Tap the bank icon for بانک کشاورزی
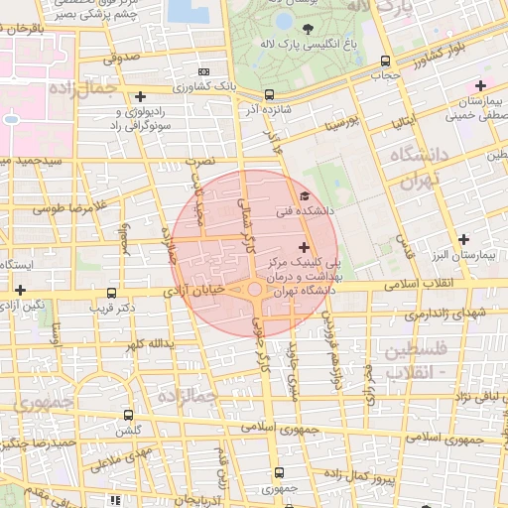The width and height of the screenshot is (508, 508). (x=204, y=71)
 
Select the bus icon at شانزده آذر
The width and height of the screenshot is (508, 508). (x=243, y=95)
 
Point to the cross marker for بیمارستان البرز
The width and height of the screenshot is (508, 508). (x=464, y=238)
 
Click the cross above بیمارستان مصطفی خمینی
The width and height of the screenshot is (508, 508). (x=481, y=85)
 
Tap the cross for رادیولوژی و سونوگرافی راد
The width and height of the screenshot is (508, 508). (x=141, y=97)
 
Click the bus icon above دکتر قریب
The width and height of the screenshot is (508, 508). (x=110, y=294)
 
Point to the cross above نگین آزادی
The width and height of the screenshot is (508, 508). (x=19, y=289)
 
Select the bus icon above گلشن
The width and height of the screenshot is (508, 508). (x=127, y=415)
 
